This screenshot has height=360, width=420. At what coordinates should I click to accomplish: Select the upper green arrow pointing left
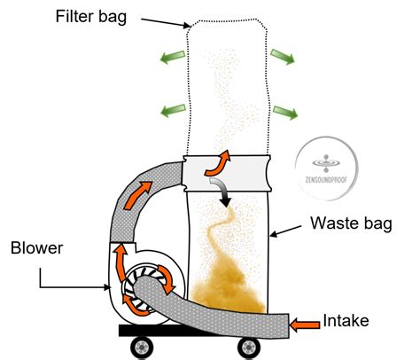[x=166, y=59]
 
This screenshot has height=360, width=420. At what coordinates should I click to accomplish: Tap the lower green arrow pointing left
[x=166, y=112]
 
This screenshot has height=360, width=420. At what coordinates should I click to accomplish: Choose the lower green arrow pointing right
[x=285, y=112]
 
